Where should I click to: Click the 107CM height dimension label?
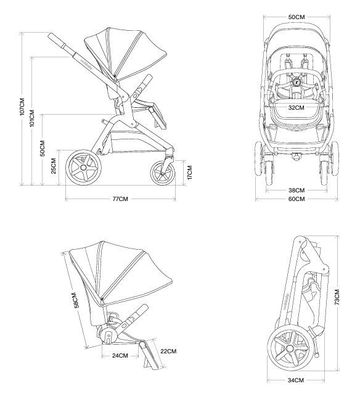(x=22, y=107)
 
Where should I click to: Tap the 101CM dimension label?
(x=32, y=118)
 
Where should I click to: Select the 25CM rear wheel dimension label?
(x=54, y=166)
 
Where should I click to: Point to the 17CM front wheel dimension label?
(x=190, y=173)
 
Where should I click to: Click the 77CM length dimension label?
(x=120, y=199)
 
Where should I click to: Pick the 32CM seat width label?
(x=296, y=107)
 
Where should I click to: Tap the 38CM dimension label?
(x=297, y=191)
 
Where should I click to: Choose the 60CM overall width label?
(x=297, y=199)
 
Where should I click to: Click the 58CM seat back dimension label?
(x=75, y=300)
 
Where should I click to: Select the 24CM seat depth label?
(x=120, y=356)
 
